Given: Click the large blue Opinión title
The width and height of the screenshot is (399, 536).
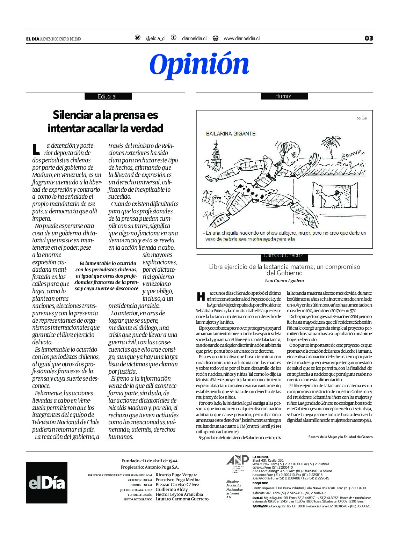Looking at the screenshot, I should (199, 65).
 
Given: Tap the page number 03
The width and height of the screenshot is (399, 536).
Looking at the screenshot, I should (369, 38).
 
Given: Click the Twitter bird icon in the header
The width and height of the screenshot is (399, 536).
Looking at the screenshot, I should (138, 38).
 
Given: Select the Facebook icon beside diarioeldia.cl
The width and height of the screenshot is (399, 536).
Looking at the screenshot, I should (173, 38).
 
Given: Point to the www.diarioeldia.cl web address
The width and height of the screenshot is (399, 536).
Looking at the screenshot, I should (241, 38).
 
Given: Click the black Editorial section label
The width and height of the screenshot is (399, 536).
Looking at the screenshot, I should (108, 96).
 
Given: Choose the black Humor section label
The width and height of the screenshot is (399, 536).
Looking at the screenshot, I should (284, 96).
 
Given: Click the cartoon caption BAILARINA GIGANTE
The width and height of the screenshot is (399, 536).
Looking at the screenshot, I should (231, 133).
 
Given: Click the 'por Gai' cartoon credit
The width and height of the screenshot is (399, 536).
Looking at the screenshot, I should (362, 118).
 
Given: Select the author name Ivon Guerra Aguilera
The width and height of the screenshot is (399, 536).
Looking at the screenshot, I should (284, 280).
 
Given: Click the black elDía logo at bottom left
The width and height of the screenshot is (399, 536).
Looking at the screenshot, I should (46, 483).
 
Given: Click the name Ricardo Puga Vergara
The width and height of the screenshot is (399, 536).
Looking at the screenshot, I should (176, 475).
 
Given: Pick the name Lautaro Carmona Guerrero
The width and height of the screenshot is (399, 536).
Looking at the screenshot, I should (182, 499).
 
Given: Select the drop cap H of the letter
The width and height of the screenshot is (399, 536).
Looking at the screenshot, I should (201, 296).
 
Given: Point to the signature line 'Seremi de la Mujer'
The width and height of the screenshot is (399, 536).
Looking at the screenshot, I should (340, 437).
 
